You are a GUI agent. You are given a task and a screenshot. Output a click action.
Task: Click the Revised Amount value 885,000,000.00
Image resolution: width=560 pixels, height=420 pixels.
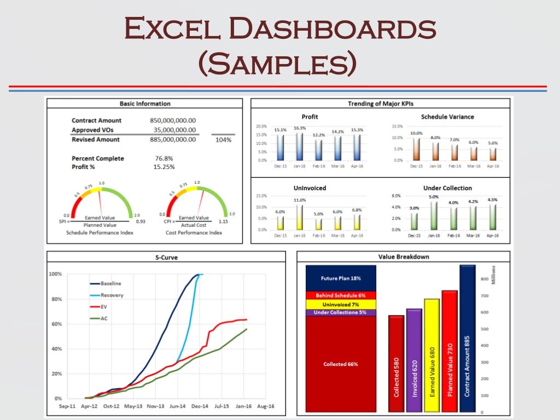tap(173, 139)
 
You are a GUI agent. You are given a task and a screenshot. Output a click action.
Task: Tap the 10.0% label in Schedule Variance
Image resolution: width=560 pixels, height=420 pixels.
tap(417, 133)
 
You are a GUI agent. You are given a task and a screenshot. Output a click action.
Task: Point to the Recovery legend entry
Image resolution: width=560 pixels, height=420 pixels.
tap(112, 295)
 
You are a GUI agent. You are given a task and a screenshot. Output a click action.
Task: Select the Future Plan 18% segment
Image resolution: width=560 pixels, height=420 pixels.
tap(341, 278)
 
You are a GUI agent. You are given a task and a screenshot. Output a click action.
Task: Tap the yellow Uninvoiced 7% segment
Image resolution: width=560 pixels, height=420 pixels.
tap(341, 304)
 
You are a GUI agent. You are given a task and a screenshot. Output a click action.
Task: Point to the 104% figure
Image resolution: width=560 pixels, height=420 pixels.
tap(223, 140)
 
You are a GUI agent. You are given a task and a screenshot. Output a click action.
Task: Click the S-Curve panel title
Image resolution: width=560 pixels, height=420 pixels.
tap(167, 256)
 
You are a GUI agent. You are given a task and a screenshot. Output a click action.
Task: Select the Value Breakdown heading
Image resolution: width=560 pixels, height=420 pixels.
tap(404, 256)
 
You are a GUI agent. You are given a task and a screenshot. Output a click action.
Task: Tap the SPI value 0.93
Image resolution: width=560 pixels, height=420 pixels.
tap(141, 221)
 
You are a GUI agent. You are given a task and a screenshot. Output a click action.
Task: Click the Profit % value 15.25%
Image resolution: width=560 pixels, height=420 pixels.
tap(165, 167)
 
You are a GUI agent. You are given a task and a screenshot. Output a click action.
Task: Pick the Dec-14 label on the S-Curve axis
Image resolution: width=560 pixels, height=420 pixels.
tap(200, 406)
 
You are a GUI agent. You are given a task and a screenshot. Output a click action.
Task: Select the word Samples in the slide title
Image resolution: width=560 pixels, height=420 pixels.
tap(279, 64)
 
